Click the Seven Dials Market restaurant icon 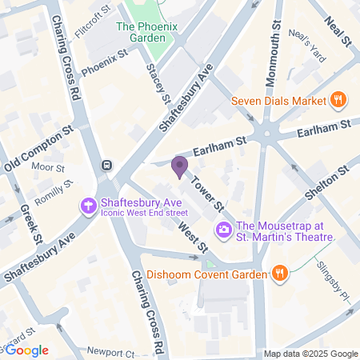click(x=338, y=101)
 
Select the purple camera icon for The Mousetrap click(x=223, y=230)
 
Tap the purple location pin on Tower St click(x=179, y=166)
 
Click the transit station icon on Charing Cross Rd click(x=106, y=166)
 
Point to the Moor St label click(x=49, y=168)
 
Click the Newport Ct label click(x=111, y=352)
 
